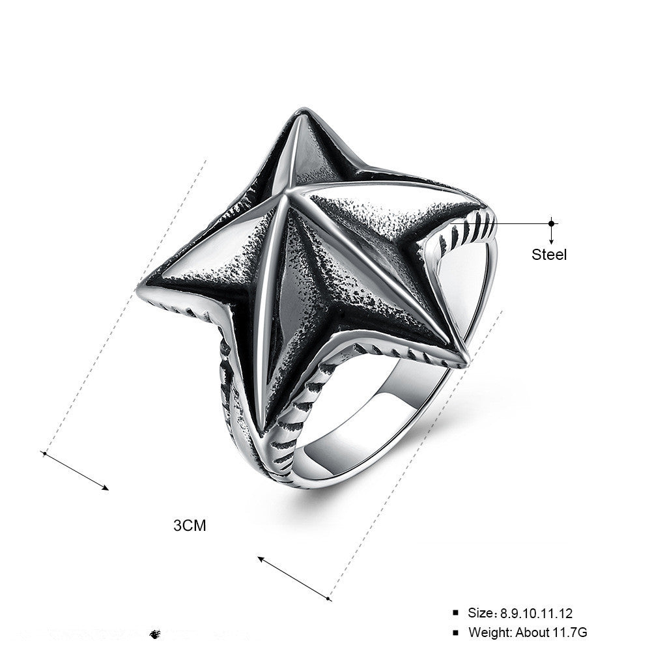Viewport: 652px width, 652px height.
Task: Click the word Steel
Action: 549,255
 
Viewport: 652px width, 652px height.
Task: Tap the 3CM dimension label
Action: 190,525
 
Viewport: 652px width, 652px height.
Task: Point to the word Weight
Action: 491,632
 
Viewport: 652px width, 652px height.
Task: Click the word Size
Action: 481,613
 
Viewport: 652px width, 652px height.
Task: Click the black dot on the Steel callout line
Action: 552,223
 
